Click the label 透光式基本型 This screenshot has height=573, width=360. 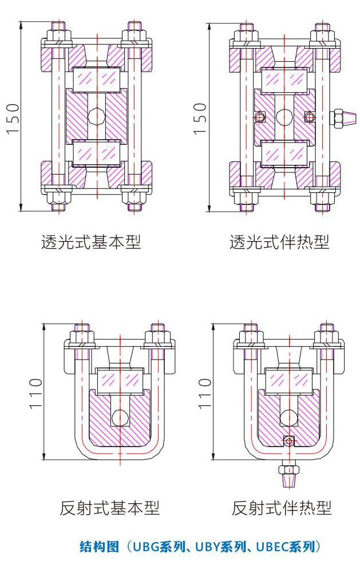[91, 243]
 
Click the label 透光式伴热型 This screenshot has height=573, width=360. [279, 243]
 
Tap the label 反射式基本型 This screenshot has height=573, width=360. [109, 508]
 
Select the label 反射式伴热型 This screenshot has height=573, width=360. [282, 508]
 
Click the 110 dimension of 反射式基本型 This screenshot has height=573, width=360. [36, 393]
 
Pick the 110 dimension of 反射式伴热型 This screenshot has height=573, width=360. [205, 393]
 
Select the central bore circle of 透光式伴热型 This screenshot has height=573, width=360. [284, 117]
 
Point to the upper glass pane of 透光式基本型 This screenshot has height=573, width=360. [97, 78]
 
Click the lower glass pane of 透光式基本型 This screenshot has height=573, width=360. [97, 152]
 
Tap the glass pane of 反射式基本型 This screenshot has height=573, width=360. [120, 380]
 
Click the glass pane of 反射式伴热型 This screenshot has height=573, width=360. [288, 380]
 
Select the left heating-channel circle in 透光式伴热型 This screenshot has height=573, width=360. [260, 117]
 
